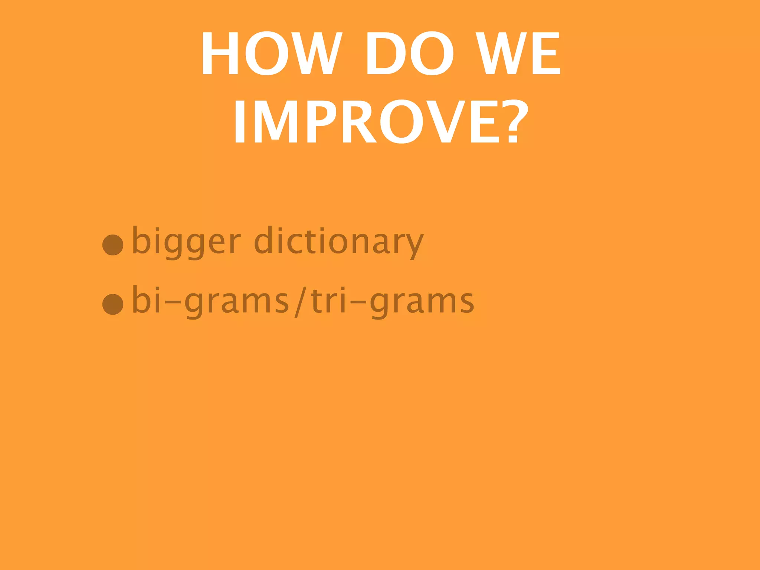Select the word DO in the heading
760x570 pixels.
[x=409, y=53]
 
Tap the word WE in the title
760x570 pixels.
[x=518, y=53]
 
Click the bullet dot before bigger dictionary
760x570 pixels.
[x=113, y=245]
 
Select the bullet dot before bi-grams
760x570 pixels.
[x=113, y=304]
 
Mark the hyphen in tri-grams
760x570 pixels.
[x=358, y=302]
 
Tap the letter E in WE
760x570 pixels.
[x=546, y=53]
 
